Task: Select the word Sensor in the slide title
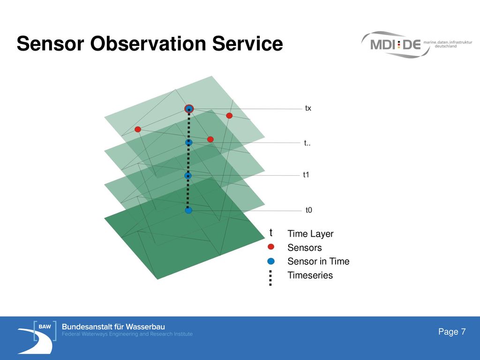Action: (x=50, y=44)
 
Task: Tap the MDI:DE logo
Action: (x=417, y=45)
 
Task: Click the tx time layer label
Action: (x=308, y=108)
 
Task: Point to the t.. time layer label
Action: (x=307, y=143)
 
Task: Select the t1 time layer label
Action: (x=306, y=174)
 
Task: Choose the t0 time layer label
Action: (x=308, y=210)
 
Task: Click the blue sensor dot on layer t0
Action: (x=188, y=210)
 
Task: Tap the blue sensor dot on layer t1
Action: (x=188, y=176)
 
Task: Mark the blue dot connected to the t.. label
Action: (x=189, y=142)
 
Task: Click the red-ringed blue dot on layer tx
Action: (x=189, y=109)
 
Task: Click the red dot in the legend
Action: (x=270, y=247)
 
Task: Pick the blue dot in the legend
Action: (x=271, y=261)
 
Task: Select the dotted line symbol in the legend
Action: (x=270, y=278)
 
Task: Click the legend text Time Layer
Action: (x=310, y=234)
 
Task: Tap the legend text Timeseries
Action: (x=310, y=275)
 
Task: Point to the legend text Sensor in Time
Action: (x=318, y=261)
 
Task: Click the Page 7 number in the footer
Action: (x=452, y=331)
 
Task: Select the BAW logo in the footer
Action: (x=37, y=337)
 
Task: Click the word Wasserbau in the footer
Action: (x=145, y=327)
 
